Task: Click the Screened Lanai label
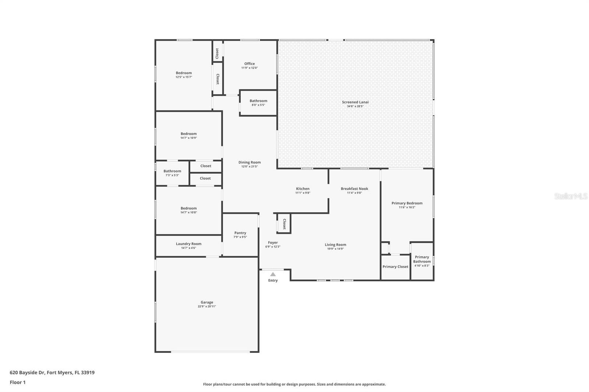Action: [355, 102]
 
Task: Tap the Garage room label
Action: [207, 302]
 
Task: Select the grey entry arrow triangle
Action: [273, 274]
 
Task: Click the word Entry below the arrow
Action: [273, 280]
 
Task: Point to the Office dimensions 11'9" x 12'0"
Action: [250, 68]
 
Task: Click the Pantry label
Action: [240, 233]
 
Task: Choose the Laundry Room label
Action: [188, 244]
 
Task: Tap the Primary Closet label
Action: [395, 267]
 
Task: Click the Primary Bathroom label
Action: [422, 259]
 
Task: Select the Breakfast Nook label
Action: [355, 189]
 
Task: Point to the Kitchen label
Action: [303, 189]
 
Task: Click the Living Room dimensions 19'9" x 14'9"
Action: [335, 249]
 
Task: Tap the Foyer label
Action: [273, 243]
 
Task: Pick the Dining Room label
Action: [250, 163]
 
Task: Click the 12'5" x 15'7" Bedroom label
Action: [184, 73]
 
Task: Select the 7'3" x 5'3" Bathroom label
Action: [172, 171]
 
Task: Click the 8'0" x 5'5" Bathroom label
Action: [258, 101]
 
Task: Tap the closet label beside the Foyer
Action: [284, 224]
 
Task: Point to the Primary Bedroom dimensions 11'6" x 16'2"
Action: [407, 207]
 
